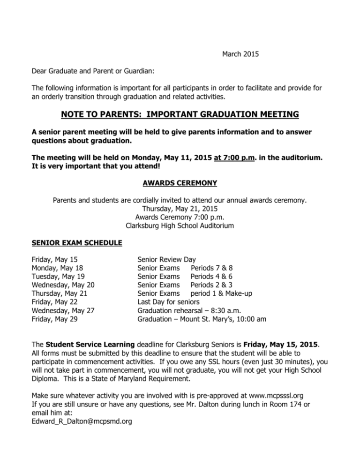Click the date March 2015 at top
tap(240, 54)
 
